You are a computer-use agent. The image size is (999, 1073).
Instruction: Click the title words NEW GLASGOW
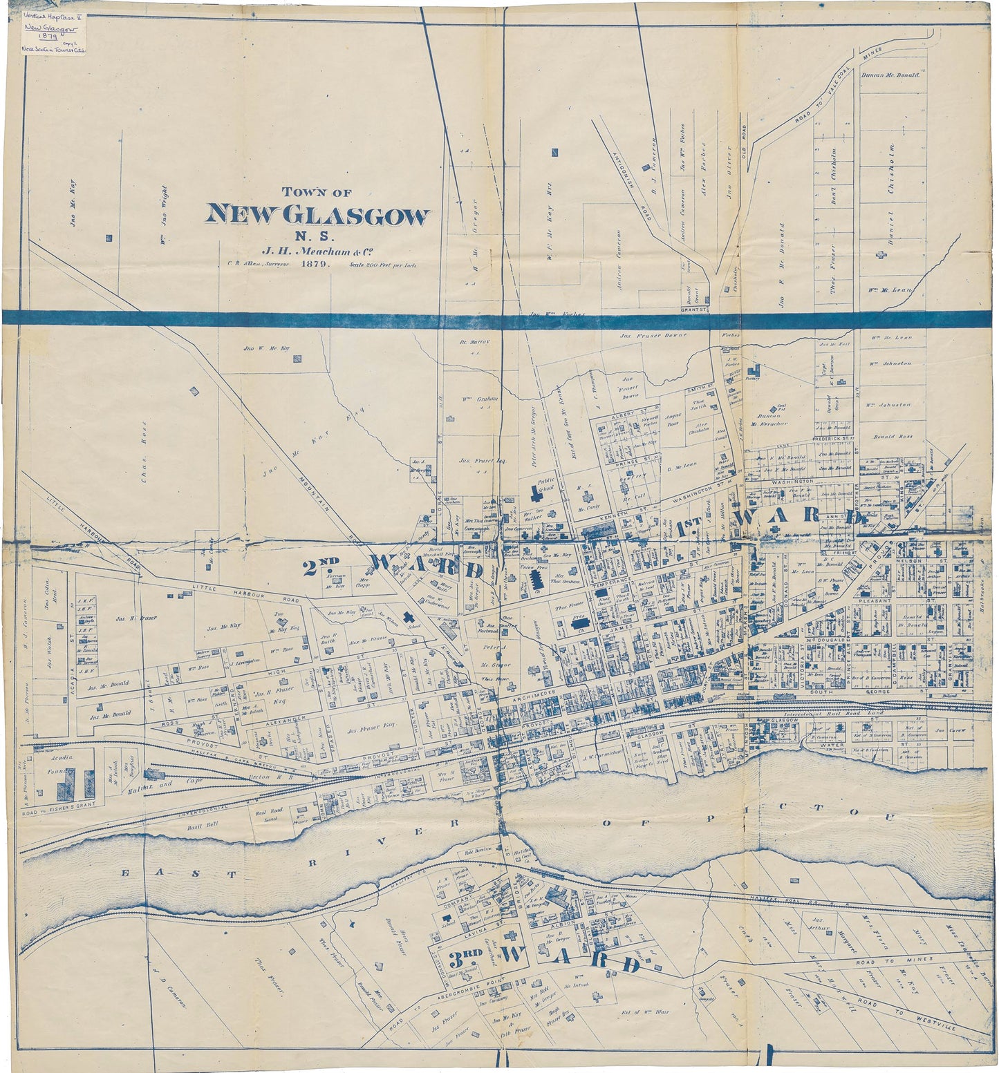coord(317,216)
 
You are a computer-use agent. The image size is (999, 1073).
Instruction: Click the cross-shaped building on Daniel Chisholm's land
coord(880,255)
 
